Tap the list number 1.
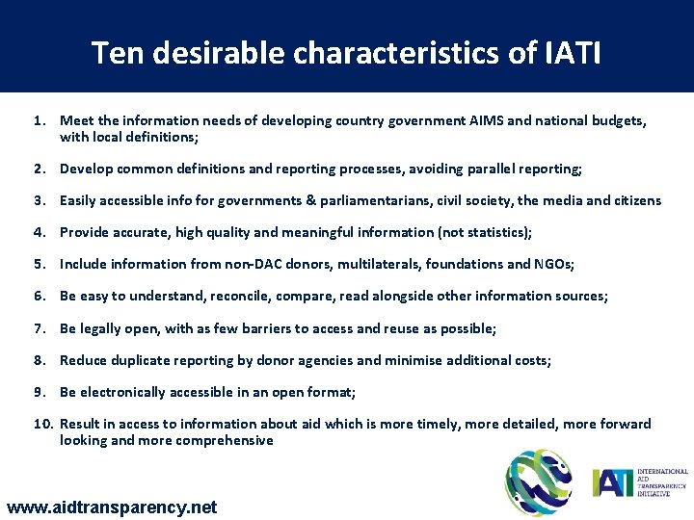pyautogui.click(x=39, y=122)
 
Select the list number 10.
pyautogui.click(x=42, y=424)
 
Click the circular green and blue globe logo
pyautogui.click(x=540, y=481)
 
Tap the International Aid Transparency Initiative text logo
pyautogui.click(x=640, y=481)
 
